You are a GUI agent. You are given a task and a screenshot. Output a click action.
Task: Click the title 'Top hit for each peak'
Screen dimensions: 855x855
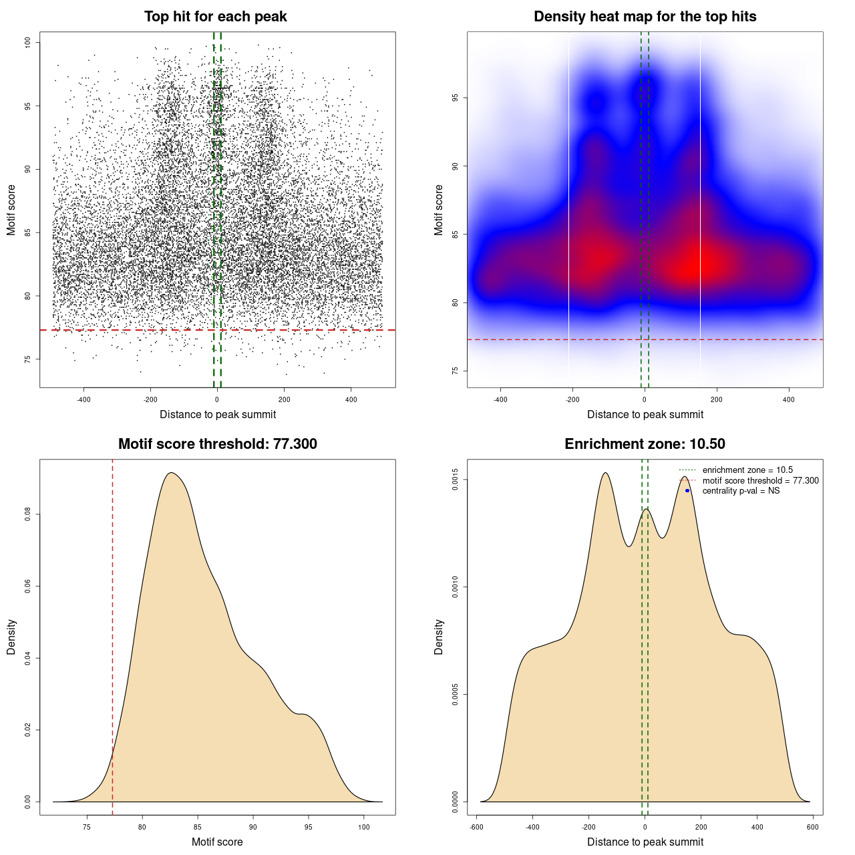pyautogui.click(x=215, y=17)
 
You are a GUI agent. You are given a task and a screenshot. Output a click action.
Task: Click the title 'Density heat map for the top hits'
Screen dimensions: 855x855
pyautogui.click(x=645, y=17)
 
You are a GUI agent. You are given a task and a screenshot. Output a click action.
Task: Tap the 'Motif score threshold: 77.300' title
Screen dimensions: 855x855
pyautogui.click(x=217, y=444)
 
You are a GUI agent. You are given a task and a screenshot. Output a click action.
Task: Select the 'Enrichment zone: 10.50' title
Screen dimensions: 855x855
pyautogui.click(x=645, y=444)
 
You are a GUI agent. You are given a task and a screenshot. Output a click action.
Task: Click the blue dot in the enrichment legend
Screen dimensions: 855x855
pyautogui.click(x=687, y=491)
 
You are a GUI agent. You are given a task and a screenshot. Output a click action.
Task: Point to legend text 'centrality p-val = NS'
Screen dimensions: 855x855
pyautogui.click(x=741, y=491)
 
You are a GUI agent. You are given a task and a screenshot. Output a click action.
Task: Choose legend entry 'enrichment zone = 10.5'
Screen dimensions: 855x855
pyautogui.click(x=747, y=470)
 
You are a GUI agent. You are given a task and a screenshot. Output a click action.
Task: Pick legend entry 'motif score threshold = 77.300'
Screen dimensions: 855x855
pyautogui.click(x=760, y=481)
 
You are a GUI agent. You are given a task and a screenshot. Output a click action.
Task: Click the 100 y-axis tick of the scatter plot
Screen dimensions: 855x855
pyautogui.click(x=28, y=42)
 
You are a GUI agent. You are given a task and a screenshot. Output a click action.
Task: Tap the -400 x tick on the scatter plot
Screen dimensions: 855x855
pyautogui.click(x=83, y=399)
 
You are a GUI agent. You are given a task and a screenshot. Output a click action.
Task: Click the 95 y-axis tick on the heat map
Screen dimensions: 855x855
pyautogui.click(x=456, y=98)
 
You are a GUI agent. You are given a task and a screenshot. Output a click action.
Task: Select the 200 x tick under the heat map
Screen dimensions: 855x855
pyautogui.click(x=717, y=399)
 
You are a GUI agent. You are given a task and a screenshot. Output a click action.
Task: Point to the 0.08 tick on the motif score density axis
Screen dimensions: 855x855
pyautogui.click(x=28, y=514)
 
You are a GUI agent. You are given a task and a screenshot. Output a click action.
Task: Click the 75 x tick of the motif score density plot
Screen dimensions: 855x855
pyautogui.click(x=87, y=827)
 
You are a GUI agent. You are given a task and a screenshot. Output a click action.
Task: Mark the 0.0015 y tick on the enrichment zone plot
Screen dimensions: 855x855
pyautogui.click(x=456, y=480)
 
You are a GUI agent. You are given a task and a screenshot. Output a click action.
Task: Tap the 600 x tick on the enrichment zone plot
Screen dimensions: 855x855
pyautogui.click(x=813, y=827)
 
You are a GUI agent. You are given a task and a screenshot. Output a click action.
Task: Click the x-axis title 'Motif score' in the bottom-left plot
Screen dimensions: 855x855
pyautogui.click(x=217, y=842)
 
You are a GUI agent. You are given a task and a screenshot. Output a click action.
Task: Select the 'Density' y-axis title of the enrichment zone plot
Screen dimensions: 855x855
pyautogui.click(x=439, y=637)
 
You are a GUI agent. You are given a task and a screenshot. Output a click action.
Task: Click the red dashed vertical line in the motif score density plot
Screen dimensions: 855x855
pyautogui.click(x=112, y=635)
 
